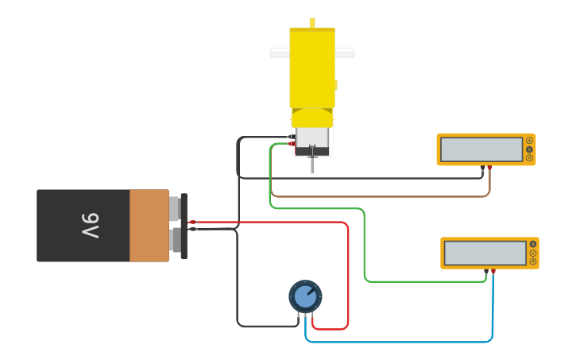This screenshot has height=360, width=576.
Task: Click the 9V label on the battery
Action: [x=90, y=226]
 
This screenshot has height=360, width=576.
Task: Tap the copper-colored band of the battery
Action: [x=149, y=226]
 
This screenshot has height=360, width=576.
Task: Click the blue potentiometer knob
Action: [x=305, y=296]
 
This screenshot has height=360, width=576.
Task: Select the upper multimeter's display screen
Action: [x=481, y=149]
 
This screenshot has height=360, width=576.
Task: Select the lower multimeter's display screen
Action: [x=485, y=253]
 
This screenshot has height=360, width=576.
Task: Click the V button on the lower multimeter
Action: [x=533, y=253]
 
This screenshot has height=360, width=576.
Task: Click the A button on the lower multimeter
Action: [x=533, y=244]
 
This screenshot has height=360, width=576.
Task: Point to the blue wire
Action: [x=397, y=342]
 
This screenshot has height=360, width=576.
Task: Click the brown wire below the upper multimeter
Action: [x=381, y=196]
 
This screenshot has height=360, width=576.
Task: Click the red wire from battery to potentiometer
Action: [x=348, y=270]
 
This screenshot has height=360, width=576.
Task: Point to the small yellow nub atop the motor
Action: [x=312, y=22]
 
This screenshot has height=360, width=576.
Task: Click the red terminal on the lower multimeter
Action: [x=493, y=271]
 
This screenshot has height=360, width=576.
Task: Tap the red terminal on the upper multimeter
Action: [x=489, y=168]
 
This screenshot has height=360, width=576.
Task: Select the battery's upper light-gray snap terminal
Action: [x=174, y=209]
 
